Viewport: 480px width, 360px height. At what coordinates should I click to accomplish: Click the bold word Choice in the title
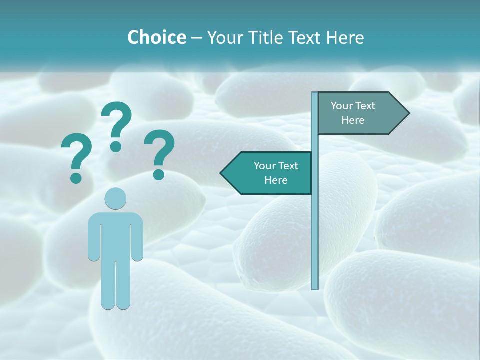[x=156, y=37]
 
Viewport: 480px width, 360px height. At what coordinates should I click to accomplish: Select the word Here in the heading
[x=345, y=37]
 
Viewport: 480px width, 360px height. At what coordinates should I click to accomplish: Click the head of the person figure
[x=115, y=199]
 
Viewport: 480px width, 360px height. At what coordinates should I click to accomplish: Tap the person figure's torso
[x=115, y=235]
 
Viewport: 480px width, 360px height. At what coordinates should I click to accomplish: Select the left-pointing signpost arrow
[x=267, y=173]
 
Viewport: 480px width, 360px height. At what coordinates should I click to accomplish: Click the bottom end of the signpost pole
[x=315, y=287]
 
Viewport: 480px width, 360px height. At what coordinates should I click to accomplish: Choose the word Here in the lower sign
[x=276, y=180]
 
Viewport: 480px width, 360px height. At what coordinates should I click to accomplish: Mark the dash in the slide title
[x=196, y=38]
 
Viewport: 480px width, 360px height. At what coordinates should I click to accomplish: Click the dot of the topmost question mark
[x=116, y=146]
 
